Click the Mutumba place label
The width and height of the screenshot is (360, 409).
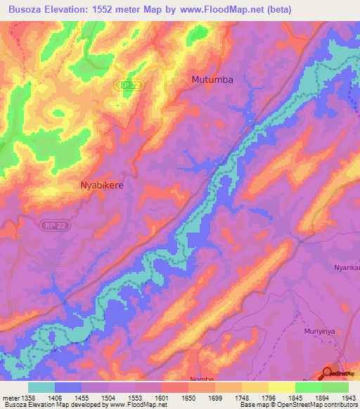212,80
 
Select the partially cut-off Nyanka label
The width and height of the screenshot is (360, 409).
346,268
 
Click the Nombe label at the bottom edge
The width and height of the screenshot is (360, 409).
202,379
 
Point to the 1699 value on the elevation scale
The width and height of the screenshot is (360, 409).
215,398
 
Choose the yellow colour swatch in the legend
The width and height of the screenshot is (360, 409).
281,387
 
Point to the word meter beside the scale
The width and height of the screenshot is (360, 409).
11,398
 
